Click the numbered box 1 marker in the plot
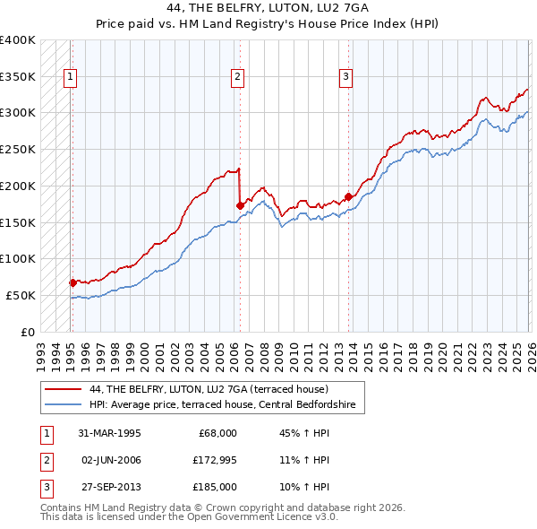click(x=70, y=78)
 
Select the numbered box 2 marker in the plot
click(x=238, y=78)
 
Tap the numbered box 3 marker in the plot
click(x=345, y=78)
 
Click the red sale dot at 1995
click(x=72, y=282)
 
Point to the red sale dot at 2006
click(x=240, y=205)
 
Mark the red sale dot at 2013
click(x=348, y=196)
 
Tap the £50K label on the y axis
click(x=21, y=295)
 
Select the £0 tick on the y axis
click(x=28, y=332)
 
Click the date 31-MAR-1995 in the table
click(x=110, y=433)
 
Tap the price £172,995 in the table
click(x=213, y=460)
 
